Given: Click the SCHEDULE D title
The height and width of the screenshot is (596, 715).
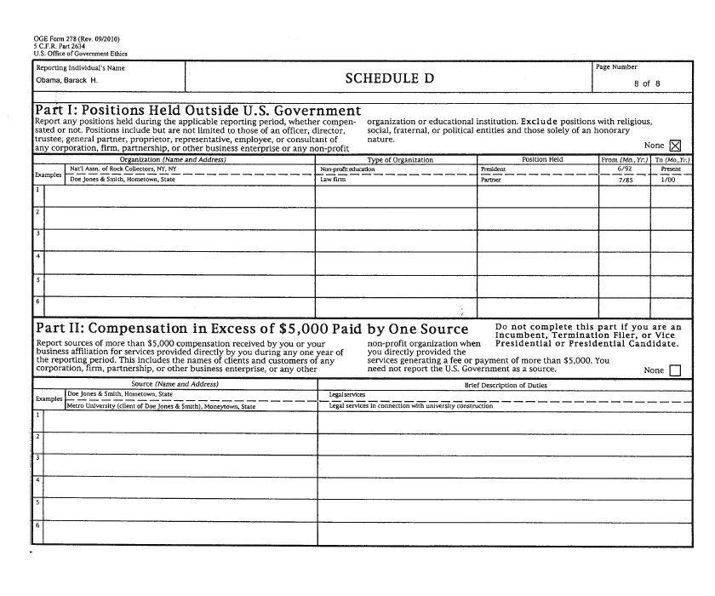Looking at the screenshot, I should pyautogui.click(x=389, y=78).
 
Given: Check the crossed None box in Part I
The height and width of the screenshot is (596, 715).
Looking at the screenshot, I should pyautogui.click(x=676, y=145).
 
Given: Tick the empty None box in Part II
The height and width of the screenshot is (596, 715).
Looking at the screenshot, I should pyautogui.click(x=676, y=370).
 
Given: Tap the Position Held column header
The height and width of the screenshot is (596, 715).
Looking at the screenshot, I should pyautogui.click(x=542, y=160).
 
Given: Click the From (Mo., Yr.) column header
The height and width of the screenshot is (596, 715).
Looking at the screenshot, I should pyautogui.click(x=625, y=160).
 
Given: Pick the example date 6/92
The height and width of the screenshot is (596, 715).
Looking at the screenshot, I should pyautogui.click(x=625, y=169).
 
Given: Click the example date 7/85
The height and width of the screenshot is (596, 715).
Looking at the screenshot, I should pyautogui.click(x=626, y=180).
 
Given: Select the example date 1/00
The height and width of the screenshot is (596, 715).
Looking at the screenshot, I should pyautogui.click(x=670, y=180).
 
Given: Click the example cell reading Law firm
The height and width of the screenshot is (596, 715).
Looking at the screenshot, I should pyautogui.click(x=331, y=180).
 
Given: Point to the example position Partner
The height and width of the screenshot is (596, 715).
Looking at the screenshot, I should pyautogui.click(x=491, y=180).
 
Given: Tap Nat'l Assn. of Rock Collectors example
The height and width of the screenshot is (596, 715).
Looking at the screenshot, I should pyautogui.click(x=123, y=169).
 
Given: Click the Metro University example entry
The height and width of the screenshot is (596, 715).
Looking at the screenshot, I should pyautogui.click(x=161, y=406).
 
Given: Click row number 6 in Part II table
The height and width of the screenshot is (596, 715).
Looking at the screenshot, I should pyautogui.click(x=37, y=525).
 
